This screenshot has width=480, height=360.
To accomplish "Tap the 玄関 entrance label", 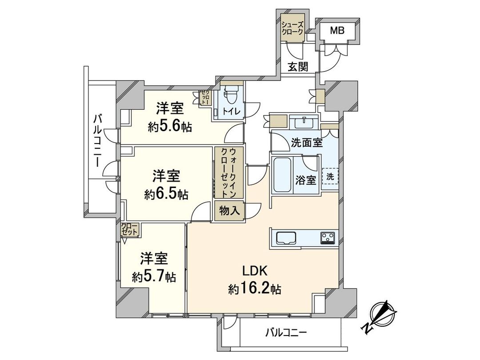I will pyautogui.click(x=298, y=67).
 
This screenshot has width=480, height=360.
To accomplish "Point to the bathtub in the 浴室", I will pyautogui.click(x=281, y=176).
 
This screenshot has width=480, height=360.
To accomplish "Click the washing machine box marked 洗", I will pyautogui.click(x=330, y=176).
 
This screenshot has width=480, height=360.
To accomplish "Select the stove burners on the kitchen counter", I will pyautogui.click(x=328, y=238).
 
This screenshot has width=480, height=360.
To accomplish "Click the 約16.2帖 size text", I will pyautogui.click(x=254, y=289).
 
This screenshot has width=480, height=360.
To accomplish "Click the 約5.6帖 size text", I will pyautogui.click(x=170, y=127).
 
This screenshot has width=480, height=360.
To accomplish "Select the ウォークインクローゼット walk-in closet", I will pyautogui.click(x=228, y=172).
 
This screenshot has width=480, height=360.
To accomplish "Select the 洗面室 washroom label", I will pyautogui.click(x=307, y=143).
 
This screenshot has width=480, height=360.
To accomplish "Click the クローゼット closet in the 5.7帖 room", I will pyautogui.click(x=130, y=229).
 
